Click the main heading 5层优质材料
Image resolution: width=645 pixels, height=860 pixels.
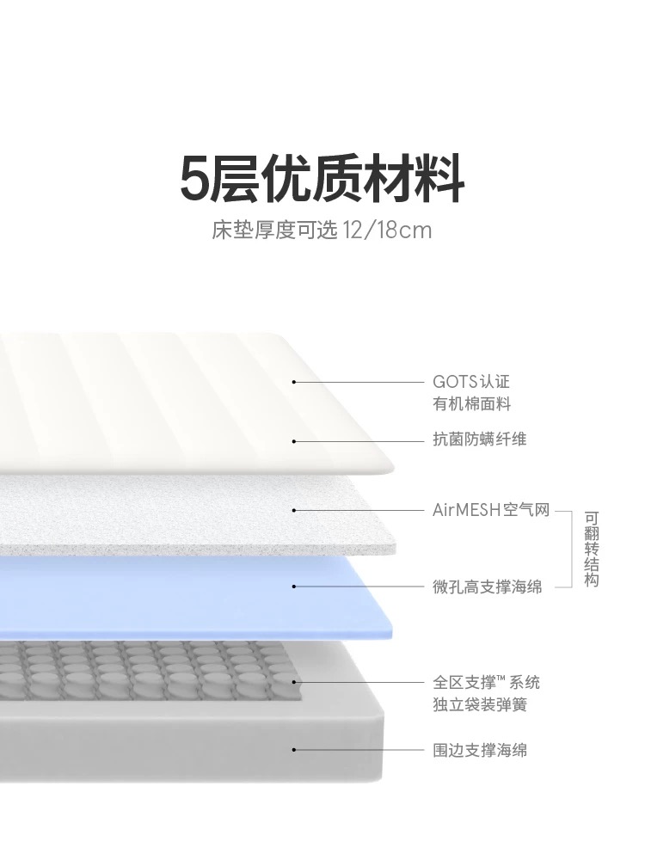point(322,179)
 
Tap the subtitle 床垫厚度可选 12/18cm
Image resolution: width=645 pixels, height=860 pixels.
point(322,230)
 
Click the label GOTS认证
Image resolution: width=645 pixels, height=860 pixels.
point(471,381)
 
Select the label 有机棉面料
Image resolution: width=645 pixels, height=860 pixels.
point(471,403)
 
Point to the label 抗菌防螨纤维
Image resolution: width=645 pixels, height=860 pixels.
point(479,439)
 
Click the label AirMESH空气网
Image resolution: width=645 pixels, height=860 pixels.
point(491,510)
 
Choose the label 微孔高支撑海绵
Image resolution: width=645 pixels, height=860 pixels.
point(487,587)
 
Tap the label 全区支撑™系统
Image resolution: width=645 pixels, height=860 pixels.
point(486,682)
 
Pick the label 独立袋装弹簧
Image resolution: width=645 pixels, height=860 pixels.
point(480,704)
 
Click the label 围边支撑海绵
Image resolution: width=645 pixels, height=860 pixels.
point(480,750)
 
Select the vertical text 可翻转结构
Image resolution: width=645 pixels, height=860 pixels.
point(592,549)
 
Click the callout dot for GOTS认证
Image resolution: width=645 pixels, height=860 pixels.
point(294,382)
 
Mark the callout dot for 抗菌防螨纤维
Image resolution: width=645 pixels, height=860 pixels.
point(294,441)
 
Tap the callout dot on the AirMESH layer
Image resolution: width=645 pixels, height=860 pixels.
point(294,510)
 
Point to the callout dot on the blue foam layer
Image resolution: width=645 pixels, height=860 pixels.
point(294,587)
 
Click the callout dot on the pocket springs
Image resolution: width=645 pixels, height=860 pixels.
point(294,682)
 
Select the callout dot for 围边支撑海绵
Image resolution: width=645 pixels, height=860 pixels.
point(294,749)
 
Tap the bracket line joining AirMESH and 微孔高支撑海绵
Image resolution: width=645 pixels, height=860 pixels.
point(572,549)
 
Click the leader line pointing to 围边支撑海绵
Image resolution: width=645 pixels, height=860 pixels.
point(359,749)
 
